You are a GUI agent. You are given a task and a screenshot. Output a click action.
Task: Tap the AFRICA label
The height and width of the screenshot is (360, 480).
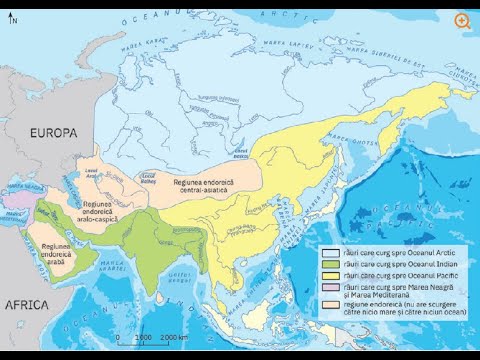coord(31,304)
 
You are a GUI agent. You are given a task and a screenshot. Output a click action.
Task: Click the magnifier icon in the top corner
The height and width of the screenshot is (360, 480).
coord(462,21)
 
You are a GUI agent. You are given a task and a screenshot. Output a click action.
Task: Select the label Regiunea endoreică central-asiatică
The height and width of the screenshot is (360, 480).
coord(212,185)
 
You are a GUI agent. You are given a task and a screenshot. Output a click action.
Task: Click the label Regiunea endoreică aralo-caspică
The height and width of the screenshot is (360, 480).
coord(89,208)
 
